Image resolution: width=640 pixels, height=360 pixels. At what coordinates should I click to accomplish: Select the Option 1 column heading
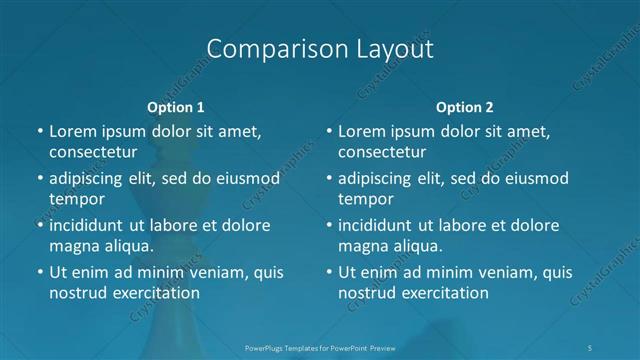pyautogui.click(x=176, y=107)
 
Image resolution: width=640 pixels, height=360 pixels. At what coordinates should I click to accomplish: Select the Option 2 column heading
pyautogui.click(x=465, y=107)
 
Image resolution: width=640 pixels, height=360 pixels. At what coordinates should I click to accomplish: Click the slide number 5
pyautogui.click(x=591, y=347)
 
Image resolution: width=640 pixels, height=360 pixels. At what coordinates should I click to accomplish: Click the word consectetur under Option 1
pyautogui.click(x=92, y=152)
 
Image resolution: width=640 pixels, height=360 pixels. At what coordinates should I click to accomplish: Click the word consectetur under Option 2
pyautogui.click(x=381, y=152)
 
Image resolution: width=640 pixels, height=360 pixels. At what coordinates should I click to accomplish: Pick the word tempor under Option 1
pyautogui.click(x=75, y=198)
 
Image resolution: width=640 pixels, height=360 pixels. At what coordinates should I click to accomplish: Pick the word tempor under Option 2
pyautogui.click(x=364, y=198)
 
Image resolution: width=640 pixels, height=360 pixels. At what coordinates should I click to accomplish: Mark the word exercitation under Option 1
pyautogui.click(x=154, y=292)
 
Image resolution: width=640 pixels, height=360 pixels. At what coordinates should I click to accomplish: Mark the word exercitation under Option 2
pyautogui.click(x=443, y=292)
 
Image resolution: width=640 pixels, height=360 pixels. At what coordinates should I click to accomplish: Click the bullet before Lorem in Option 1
pyautogui.click(x=39, y=132)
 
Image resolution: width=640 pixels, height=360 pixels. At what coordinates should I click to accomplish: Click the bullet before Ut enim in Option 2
pyautogui.click(x=328, y=272)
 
